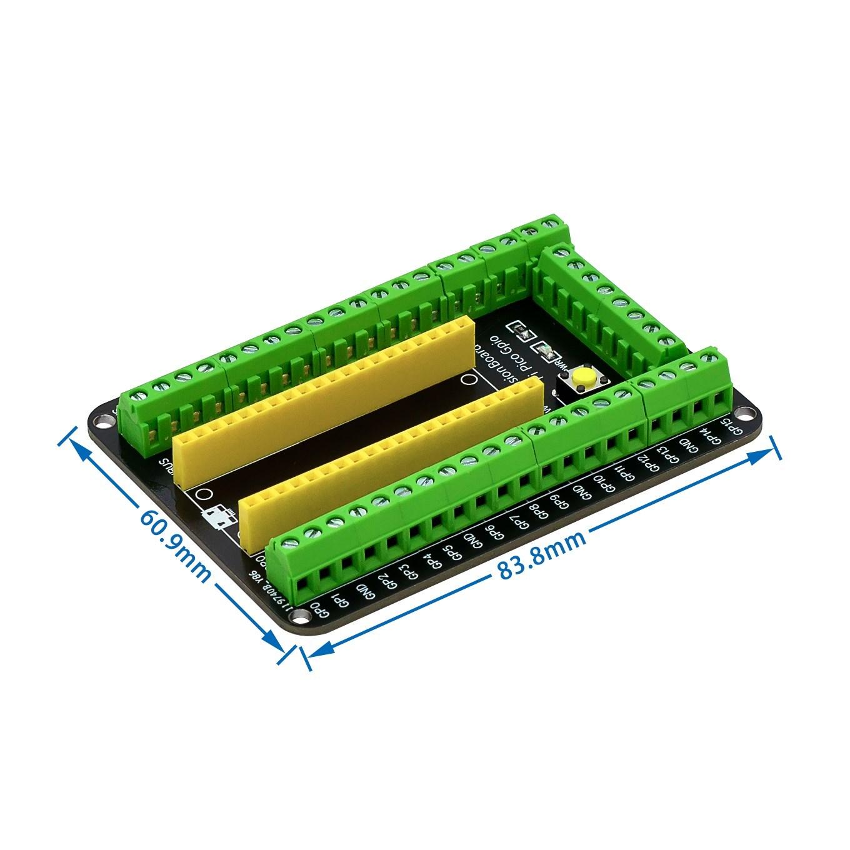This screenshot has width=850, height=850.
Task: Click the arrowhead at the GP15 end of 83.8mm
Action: click(x=769, y=449)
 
